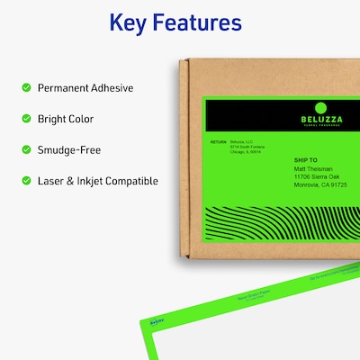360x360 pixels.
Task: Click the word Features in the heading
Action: click(x=202, y=22)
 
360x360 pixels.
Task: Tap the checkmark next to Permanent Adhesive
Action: click(x=25, y=88)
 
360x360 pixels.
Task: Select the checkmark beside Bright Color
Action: click(x=25, y=119)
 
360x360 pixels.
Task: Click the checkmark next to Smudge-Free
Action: click(x=25, y=150)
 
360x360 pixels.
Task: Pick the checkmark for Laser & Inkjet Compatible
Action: click(x=25, y=181)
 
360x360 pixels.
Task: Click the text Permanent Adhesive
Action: click(x=85, y=88)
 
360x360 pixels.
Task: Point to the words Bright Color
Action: click(x=66, y=119)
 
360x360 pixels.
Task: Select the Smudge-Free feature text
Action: click(x=70, y=150)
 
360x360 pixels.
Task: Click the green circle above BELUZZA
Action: click(x=320, y=107)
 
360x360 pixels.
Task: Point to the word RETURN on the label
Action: click(x=219, y=142)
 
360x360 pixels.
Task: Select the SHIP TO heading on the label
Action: click(x=308, y=160)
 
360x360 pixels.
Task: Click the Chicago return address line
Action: click(x=245, y=152)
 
